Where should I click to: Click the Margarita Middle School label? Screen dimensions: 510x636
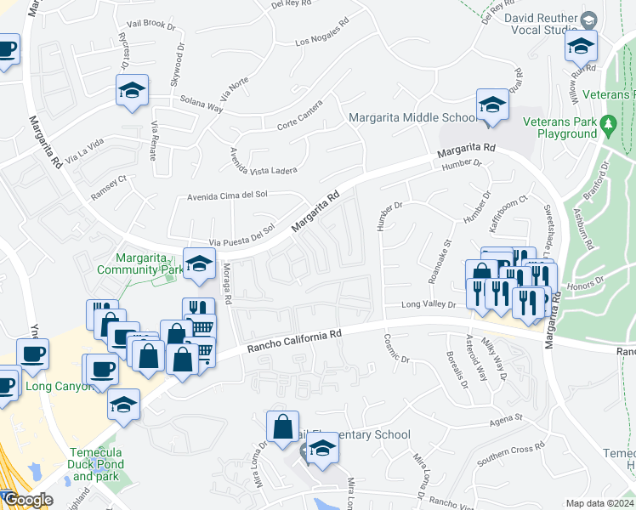pos(413,117)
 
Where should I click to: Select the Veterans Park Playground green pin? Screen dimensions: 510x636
pos(608,127)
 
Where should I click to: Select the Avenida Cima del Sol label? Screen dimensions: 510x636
pos(228,195)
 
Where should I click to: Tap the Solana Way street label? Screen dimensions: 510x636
pos(201,105)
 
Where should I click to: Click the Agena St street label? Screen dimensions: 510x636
pos(505,420)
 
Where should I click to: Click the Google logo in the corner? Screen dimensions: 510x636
pos(27,500)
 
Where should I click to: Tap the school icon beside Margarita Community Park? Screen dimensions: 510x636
pos(199,264)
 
